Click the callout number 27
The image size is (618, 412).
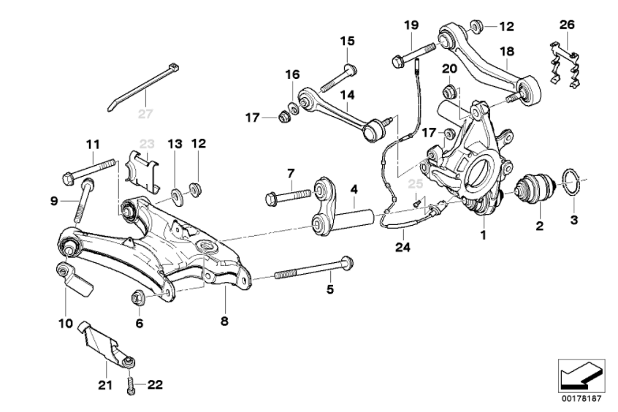point(146,113)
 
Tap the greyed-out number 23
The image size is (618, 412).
point(148,144)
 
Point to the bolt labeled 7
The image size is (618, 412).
point(289,196)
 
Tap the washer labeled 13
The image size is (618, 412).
point(177,195)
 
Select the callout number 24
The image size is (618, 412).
point(403,247)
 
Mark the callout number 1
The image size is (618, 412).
point(482,235)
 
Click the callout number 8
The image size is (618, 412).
point(225,320)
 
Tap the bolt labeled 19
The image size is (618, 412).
point(412,54)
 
